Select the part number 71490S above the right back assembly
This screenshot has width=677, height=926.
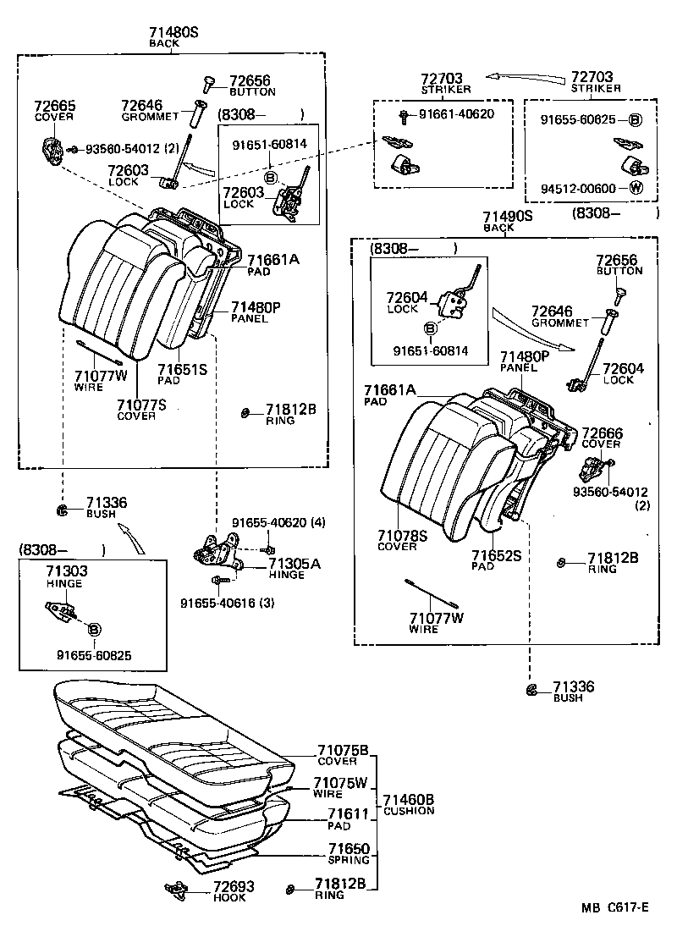point(507,217)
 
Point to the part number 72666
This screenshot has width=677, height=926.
point(602,433)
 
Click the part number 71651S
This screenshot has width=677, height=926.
point(182,369)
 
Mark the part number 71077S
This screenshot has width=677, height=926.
point(141,405)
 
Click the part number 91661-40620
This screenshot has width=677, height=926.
point(457,113)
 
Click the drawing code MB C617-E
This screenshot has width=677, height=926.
point(614,908)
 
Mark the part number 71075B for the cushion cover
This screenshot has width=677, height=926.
point(343,751)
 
